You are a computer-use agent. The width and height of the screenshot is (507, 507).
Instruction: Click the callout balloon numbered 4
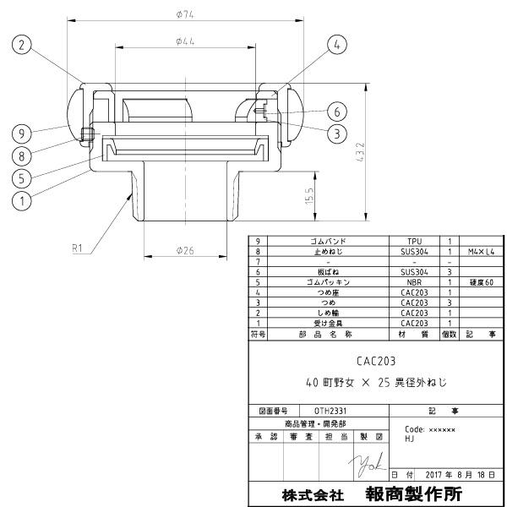(x=336, y=44)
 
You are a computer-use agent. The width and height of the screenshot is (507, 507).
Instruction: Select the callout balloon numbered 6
(x=335, y=111)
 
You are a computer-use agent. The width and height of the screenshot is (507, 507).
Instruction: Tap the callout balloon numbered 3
(x=336, y=133)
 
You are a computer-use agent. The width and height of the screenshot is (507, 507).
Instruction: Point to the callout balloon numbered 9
(x=22, y=133)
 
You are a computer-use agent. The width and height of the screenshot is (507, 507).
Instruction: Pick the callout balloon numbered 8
(x=22, y=155)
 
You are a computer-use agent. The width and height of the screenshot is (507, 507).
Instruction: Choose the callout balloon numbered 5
(x=22, y=178)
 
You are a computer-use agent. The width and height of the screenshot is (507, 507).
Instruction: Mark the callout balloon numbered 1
(x=22, y=201)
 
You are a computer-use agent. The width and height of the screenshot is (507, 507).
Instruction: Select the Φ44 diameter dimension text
(x=185, y=41)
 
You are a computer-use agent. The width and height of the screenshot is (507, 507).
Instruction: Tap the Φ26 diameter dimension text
(x=185, y=250)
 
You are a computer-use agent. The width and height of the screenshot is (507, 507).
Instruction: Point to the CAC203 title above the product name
(x=375, y=359)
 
